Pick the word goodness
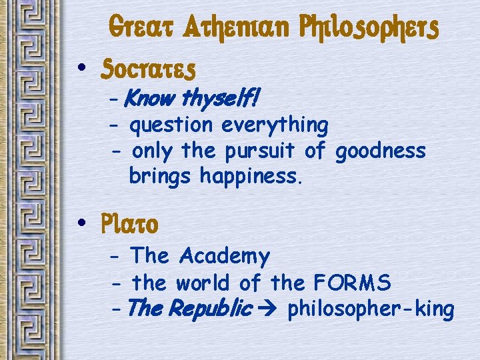[380, 151]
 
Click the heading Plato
[131, 225]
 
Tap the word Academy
[225, 256]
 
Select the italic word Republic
[212, 309]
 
